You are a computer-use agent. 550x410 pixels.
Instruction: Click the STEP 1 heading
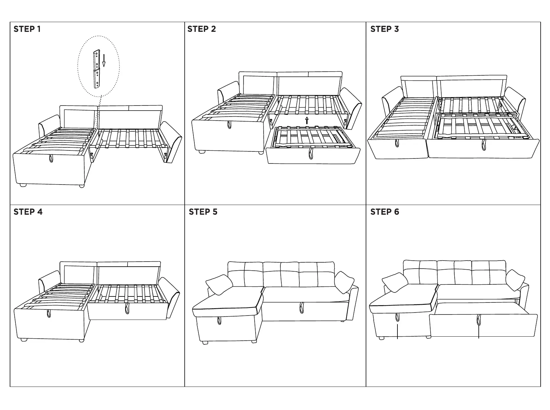point(27,29)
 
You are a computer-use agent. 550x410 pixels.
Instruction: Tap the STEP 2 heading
point(202,29)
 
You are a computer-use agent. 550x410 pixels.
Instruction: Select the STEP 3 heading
point(384,29)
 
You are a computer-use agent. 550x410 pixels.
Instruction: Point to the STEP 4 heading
point(28,212)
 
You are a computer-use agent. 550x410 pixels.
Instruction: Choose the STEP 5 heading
point(203,212)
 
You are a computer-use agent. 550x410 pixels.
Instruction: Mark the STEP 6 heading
point(385,212)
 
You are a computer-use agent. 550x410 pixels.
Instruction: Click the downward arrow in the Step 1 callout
point(104,60)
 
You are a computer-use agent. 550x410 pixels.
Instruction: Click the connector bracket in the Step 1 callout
point(97,69)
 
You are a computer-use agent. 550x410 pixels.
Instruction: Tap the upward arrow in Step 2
point(307,120)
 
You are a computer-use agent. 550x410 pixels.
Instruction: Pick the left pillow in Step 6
point(394,282)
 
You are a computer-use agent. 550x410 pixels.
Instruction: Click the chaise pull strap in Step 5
point(219,320)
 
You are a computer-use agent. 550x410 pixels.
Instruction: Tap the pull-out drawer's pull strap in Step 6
point(477,320)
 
